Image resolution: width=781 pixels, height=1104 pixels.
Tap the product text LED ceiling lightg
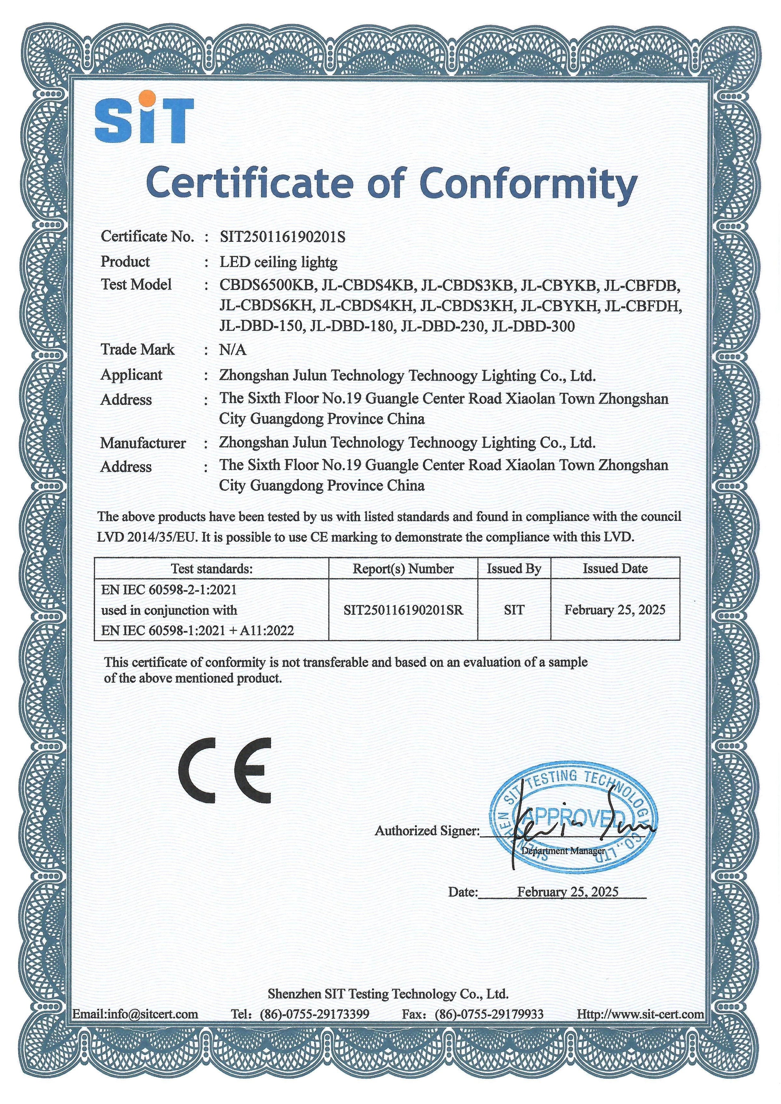[279, 262]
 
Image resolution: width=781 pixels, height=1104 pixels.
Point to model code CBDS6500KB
[267, 285]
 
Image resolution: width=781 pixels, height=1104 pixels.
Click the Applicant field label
[131, 375]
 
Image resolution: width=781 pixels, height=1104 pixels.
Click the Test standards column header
[212, 568]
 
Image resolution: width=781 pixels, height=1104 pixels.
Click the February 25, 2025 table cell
[615, 610]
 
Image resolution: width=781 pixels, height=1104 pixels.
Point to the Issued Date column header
[615, 568]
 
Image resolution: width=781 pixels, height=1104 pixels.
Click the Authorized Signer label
[427, 831]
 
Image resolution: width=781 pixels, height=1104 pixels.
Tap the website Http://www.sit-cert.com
[640, 1014]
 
